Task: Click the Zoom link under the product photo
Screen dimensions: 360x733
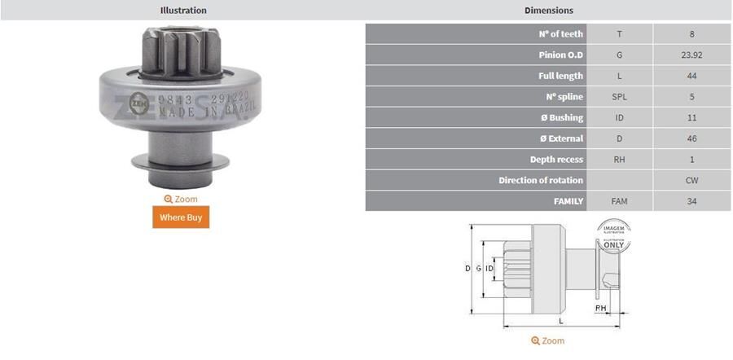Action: [181, 199]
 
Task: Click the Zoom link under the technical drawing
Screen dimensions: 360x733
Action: [547, 340]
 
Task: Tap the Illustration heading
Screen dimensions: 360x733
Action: [182, 11]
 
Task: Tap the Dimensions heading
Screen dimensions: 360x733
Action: [548, 11]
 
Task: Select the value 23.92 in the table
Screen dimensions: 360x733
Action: [691, 55]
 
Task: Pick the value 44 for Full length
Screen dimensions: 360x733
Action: [691, 76]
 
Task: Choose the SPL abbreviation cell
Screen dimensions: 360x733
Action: [619, 97]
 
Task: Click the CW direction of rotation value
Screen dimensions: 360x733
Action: [691, 180]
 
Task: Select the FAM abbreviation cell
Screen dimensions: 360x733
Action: [619, 200]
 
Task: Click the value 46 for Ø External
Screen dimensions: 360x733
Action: [691, 138]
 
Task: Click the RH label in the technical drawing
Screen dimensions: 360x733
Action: [600, 309]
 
